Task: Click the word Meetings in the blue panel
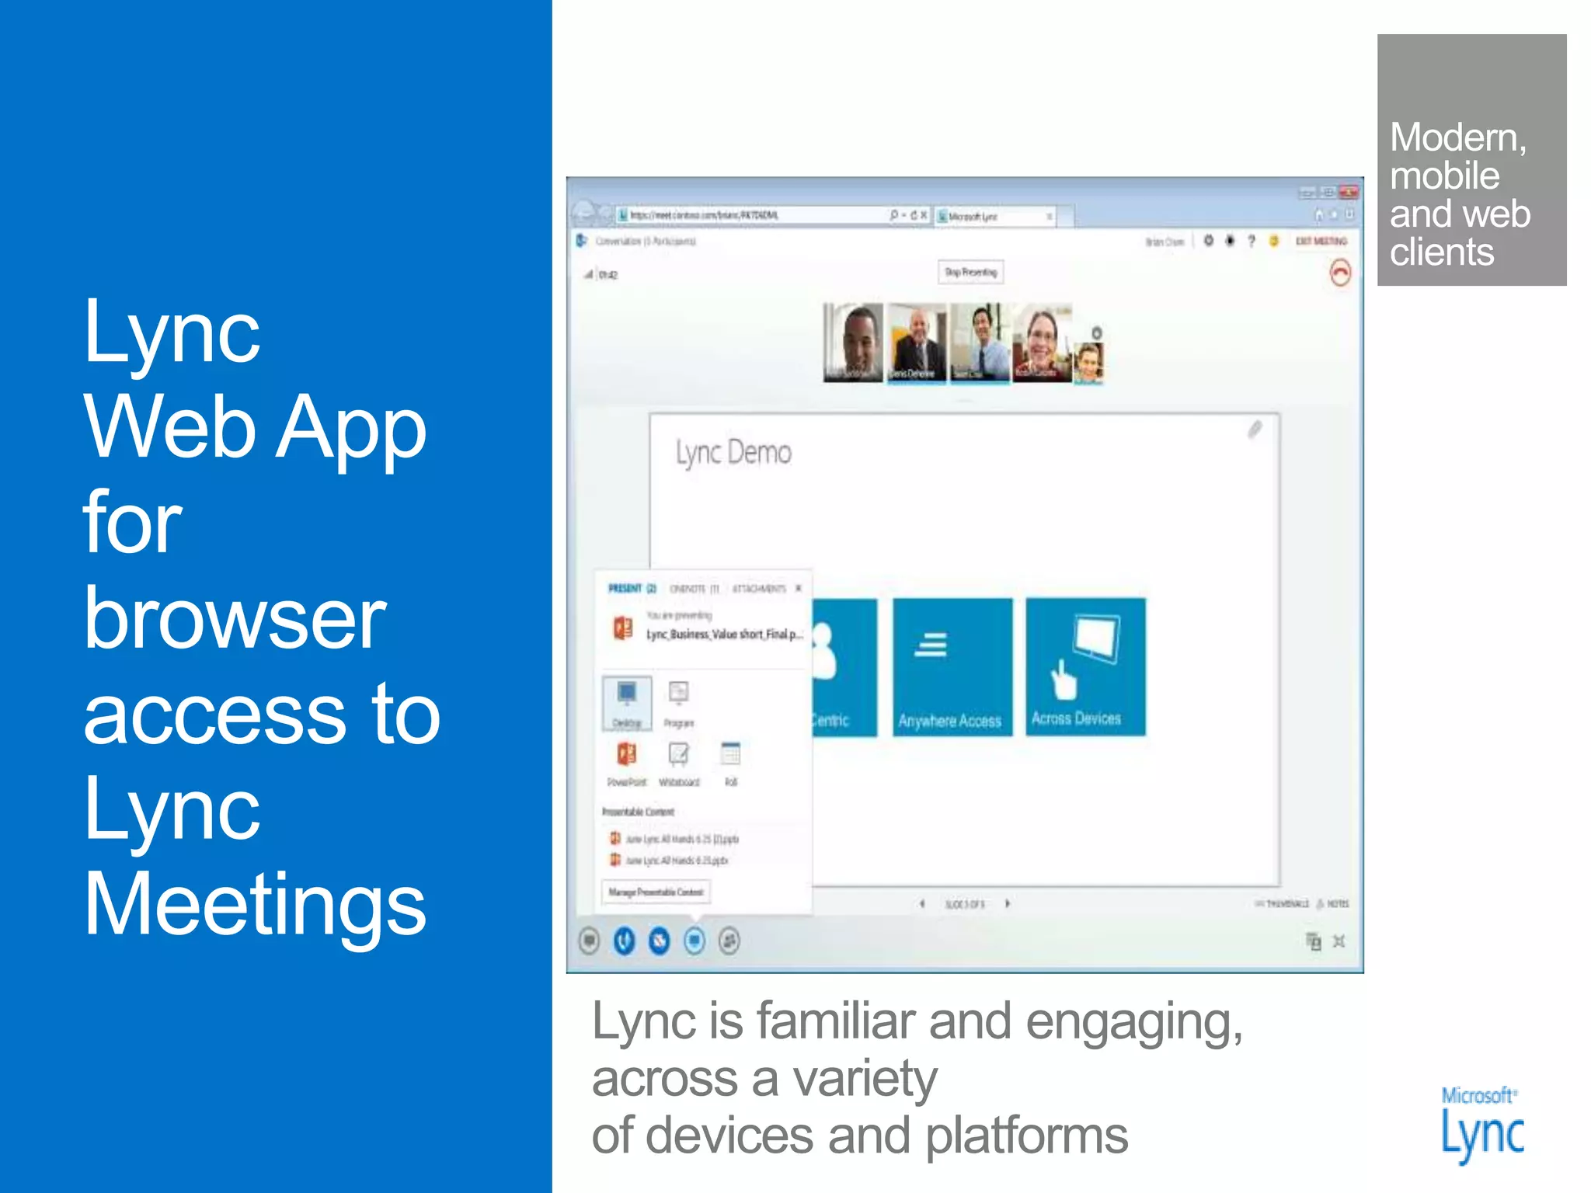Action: point(255,904)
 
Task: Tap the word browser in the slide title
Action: point(235,618)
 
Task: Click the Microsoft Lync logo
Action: point(1481,1125)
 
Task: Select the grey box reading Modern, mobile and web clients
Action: point(1471,160)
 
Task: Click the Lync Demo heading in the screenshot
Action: point(733,452)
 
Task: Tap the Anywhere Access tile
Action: point(952,666)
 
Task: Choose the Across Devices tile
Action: point(1085,666)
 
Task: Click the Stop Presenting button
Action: point(970,272)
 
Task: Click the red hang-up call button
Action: point(1340,273)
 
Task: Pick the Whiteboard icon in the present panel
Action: point(679,762)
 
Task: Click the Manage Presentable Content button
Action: point(656,892)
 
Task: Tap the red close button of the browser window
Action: point(1349,192)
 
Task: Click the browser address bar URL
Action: point(703,215)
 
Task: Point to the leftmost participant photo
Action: point(853,343)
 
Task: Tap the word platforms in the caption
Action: point(1026,1136)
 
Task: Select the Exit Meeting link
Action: point(1321,242)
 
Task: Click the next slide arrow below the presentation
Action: point(1008,903)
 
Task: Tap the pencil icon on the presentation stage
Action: point(1255,430)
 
